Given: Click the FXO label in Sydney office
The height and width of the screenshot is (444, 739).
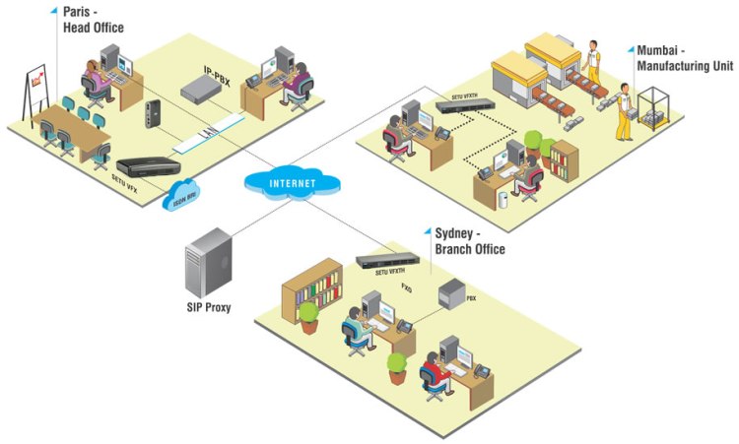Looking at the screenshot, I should [406, 287].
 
